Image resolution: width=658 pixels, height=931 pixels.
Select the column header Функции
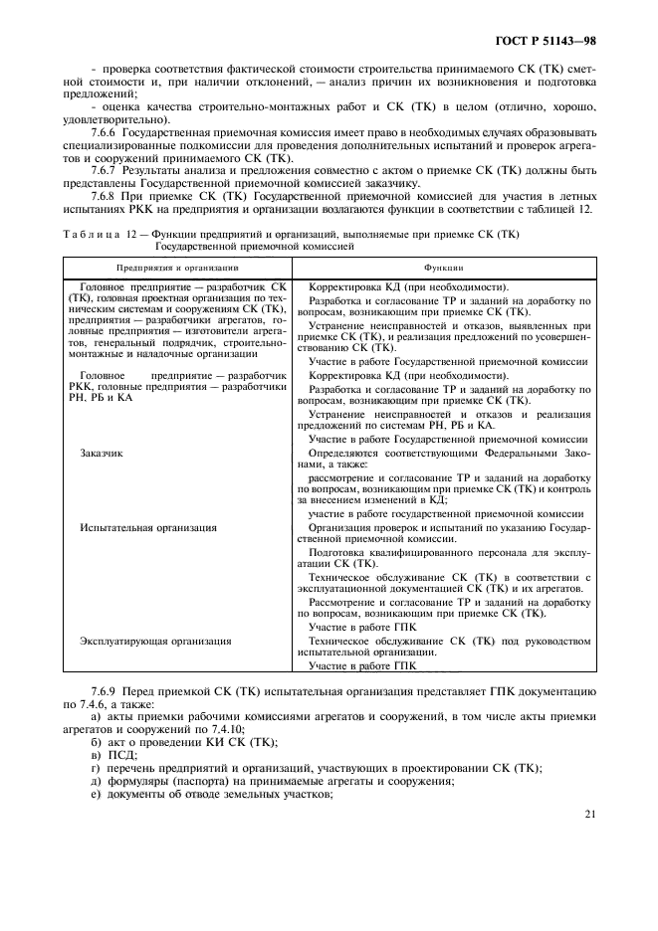443,268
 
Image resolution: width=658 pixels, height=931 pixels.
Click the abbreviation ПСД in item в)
116,755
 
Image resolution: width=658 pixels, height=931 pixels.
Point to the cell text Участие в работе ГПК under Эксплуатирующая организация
361,664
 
